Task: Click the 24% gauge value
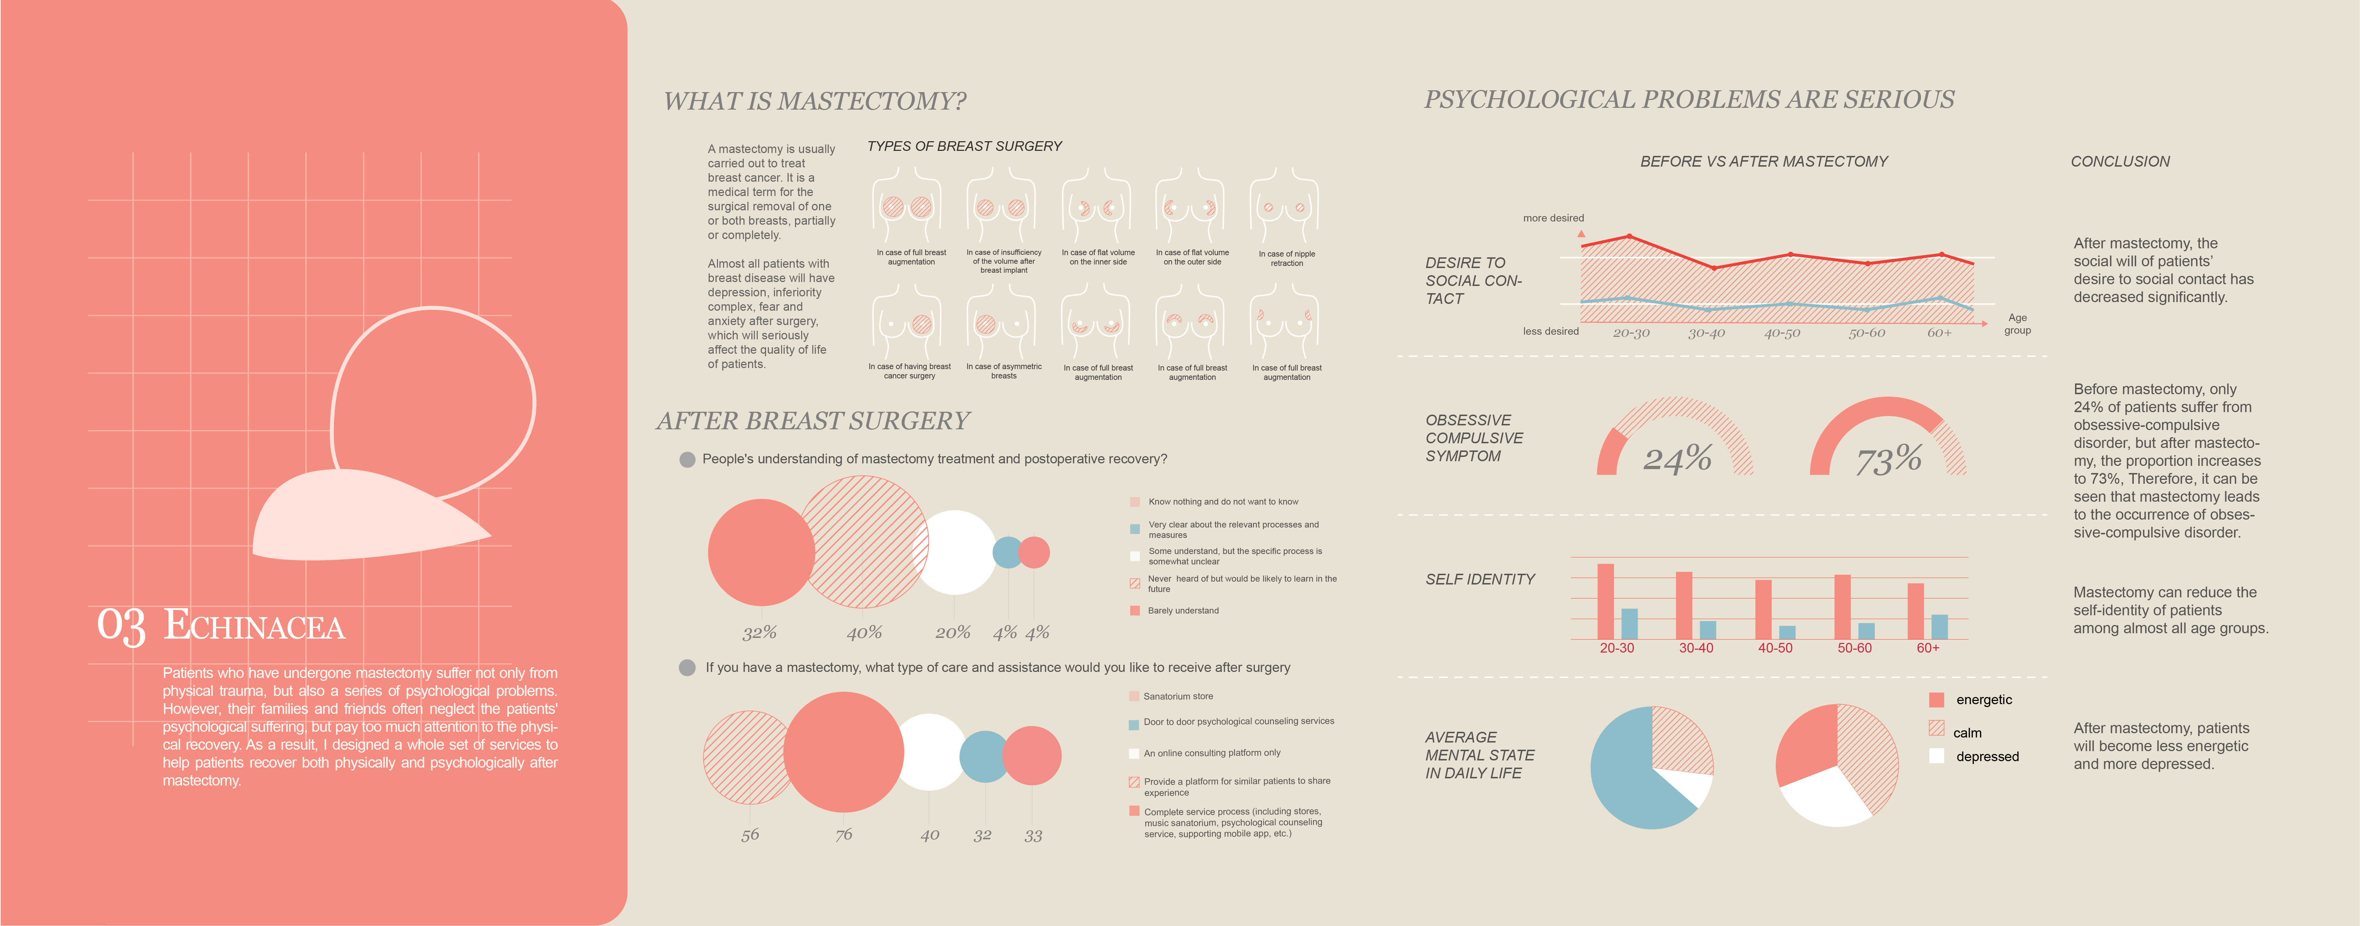pos(1676,458)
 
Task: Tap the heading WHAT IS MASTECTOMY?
pos(814,101)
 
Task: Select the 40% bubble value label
pos(864,632)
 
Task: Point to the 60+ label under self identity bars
pos(1928,648)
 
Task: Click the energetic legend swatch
pos(1936,700)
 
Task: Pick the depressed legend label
pos(1987,756)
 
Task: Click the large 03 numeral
pos(121,626)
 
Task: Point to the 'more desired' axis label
pos(1553,218)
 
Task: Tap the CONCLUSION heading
pos(2120,161)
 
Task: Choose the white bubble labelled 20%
pos(955,552)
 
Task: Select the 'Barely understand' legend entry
pos(1183,611)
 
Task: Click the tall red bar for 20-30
pos(1605,601)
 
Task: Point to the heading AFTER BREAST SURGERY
pos(813,421)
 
